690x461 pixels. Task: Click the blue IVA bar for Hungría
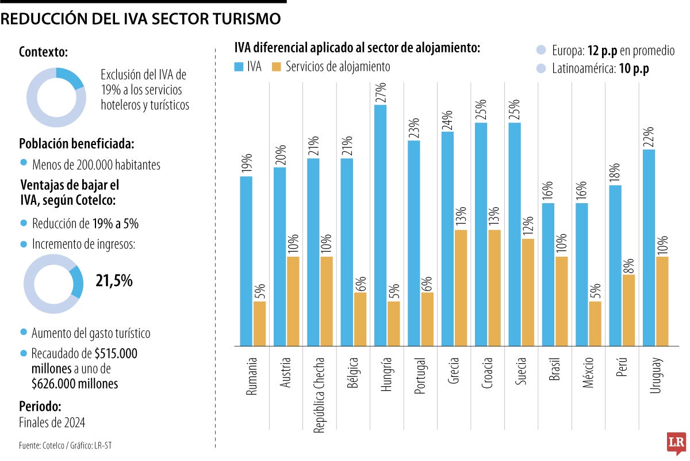(380, 225)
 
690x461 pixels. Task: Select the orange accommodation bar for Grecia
(460, 288)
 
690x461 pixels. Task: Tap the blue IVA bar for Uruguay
(648, 247)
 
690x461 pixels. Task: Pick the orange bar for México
(595, 323)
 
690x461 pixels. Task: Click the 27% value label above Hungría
(380, 93)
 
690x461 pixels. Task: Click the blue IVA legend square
(239, 67)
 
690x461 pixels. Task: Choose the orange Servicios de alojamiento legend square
(276, 67)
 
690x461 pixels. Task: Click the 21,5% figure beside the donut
(114, 281)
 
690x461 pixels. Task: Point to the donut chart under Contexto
(56, 97)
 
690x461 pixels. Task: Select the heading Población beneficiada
(77, 144)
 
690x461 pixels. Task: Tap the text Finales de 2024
(52, 422)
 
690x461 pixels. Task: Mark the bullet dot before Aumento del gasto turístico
(24, 333)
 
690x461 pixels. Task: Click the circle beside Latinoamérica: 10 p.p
(540, 69)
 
